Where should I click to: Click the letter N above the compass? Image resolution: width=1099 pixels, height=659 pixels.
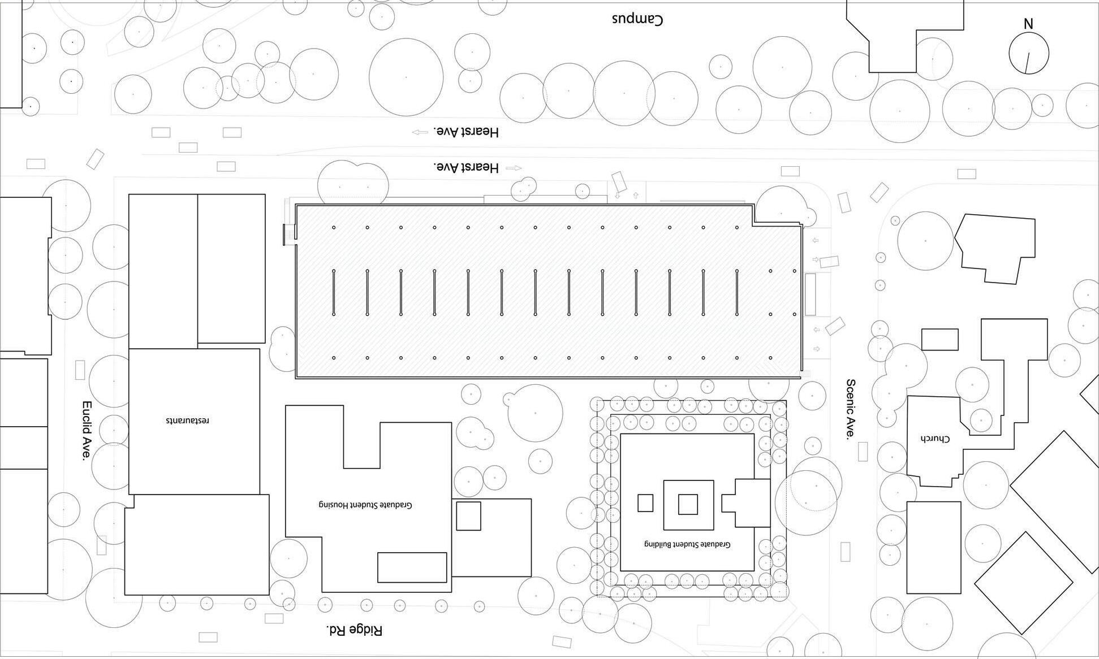click(x=1028, y=24)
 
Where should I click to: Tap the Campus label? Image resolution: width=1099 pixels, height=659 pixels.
click(x=637, y=19)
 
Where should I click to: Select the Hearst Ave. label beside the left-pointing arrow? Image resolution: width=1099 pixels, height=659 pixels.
click(x=466, y=132)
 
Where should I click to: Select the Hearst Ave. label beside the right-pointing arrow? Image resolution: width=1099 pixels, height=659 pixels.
click(x=466, y=167)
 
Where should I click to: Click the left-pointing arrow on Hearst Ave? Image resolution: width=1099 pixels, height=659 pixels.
click(x=420, y=132)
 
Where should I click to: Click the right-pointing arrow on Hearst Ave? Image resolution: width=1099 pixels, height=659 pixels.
click(x=514, y=168)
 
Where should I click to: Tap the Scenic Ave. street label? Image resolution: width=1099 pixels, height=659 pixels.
click(x=850, y=410)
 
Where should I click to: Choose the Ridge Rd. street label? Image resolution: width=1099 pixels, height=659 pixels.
click(x=355, y=630)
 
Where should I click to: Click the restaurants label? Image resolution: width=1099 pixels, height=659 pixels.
click(x=188, y=420)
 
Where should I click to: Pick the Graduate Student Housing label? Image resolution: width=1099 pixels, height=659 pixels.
click(x=365, y=505)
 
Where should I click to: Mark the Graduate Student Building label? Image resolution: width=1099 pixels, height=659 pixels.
click(x=687, y=544)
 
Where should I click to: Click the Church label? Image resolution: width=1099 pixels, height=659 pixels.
click(x=934, y=439)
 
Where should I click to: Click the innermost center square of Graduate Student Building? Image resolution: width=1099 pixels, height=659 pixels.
click(x=688, y=504)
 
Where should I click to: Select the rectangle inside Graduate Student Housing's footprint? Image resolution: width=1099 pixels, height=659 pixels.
click(x=412, y=567)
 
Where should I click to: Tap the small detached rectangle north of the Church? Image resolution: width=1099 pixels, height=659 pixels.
click(x=940, y=340)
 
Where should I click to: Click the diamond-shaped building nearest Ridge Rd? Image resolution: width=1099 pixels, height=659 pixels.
click(x=1023, y=583)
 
